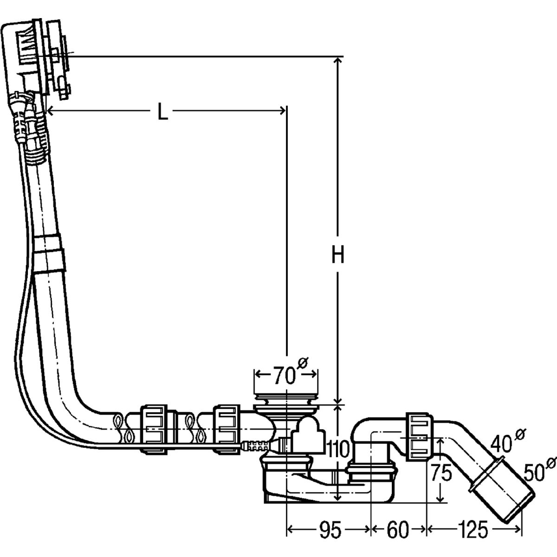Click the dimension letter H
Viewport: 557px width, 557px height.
tap(338, 255)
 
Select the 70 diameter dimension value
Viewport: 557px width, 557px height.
tap(283, 375)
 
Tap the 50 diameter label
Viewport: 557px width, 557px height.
tap(535, 473)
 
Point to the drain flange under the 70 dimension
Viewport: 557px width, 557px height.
tap(286, 401)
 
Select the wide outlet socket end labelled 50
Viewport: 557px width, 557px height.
tap(504, 501)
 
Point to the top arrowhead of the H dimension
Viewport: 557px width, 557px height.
tap(338, 61)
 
